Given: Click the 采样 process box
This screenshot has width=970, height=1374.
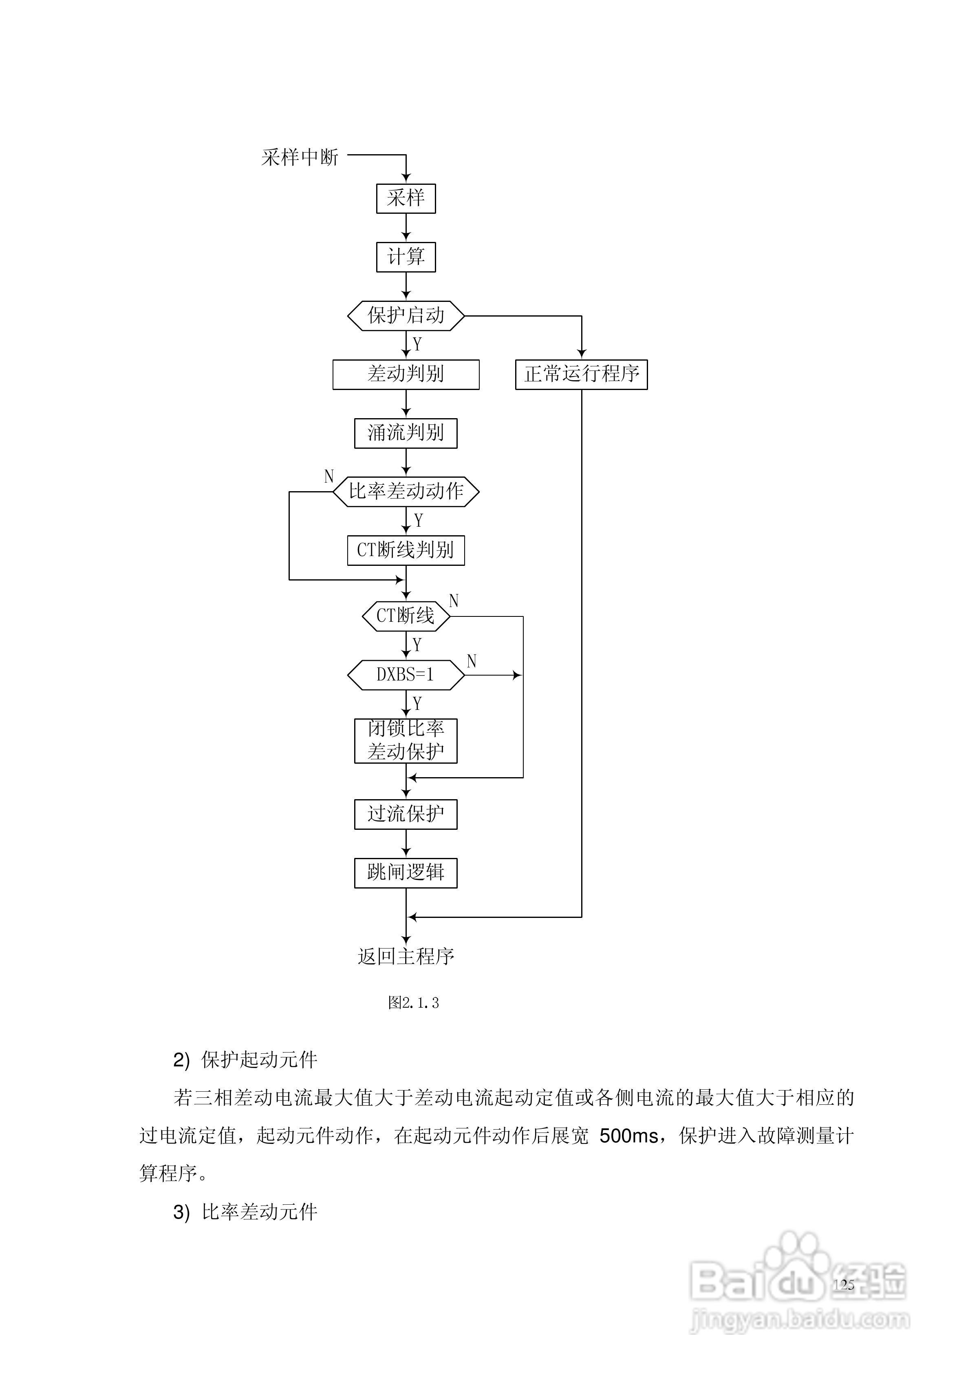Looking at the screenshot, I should coord(406,198).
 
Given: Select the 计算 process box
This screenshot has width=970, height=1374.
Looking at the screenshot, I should coord(406,257).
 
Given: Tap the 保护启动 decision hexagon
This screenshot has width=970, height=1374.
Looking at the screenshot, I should coord(406,315).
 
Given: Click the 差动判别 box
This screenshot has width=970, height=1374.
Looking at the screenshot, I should coord(406,374).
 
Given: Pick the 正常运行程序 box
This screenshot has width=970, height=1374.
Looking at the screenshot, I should coord(581,374).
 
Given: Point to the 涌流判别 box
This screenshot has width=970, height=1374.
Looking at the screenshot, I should coord(406,433).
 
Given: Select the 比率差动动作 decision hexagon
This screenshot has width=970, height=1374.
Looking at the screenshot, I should coord(406,491).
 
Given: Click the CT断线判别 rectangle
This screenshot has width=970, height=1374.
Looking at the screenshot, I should coord(406,550).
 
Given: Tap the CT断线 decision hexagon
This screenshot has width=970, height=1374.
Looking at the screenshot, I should coord(406,616).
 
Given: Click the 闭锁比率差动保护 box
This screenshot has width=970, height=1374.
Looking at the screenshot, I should coord(406,740).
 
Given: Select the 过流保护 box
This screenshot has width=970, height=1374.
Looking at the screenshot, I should coord(406,814).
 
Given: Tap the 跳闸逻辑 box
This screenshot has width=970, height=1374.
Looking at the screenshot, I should coord(406,873).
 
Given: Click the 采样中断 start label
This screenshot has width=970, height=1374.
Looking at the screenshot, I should coord(300,157).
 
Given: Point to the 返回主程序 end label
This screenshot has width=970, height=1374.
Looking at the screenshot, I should coord(406,956).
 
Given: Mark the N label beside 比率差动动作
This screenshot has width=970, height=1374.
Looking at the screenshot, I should coord(328,476).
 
